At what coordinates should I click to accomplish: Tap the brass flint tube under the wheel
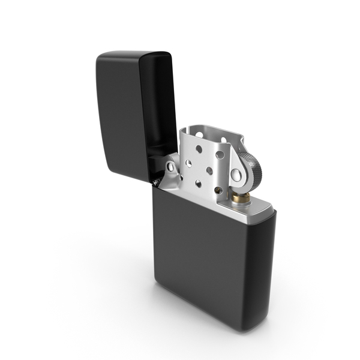[242, 197]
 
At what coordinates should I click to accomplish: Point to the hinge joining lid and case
[157, 178]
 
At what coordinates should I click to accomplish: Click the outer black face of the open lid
[120, 114]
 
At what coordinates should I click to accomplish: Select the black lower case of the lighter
[210, 264]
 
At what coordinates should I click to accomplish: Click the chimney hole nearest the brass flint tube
[218, 190]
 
